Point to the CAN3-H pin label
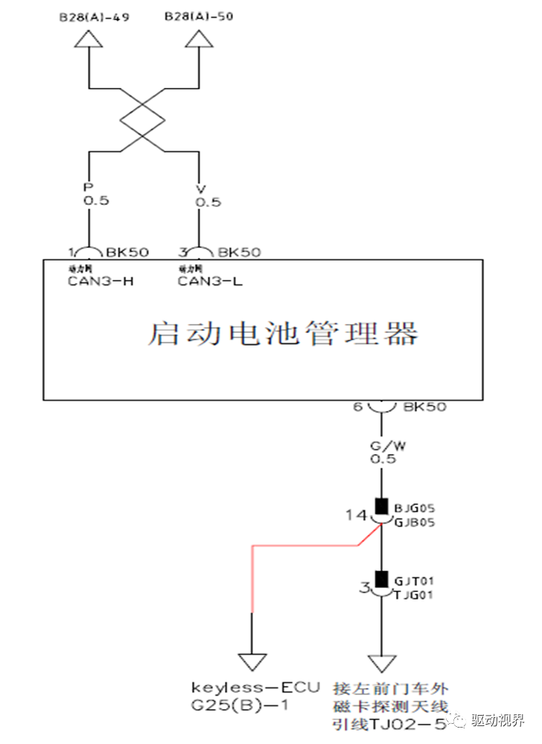pos(101,281)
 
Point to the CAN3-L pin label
pos(210,281)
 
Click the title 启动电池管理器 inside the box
pos(283,333)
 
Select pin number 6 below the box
pos(358,407)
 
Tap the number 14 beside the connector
pos(356,514)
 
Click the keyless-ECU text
pos(255,686)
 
